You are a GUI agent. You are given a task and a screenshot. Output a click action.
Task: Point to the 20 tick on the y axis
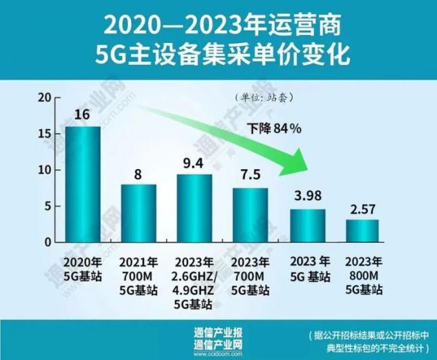[45, 98]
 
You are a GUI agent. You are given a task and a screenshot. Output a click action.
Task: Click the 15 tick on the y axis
[45, 134]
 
